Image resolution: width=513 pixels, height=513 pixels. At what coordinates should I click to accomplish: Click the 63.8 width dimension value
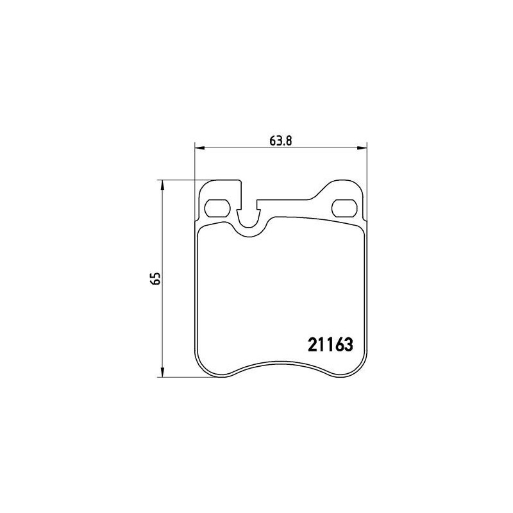[280, 140]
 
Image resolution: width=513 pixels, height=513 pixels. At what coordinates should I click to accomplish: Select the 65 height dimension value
[156, 278]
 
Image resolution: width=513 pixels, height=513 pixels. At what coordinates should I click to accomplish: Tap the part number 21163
[330, 344]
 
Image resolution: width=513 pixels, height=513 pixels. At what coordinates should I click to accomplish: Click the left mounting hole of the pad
[217, 208]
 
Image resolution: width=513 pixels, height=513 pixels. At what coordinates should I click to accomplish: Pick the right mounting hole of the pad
[344, 208]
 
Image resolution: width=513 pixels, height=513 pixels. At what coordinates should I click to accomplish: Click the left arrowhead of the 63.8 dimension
[199, 148]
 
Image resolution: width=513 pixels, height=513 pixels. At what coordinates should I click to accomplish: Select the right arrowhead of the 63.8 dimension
[362, 148]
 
